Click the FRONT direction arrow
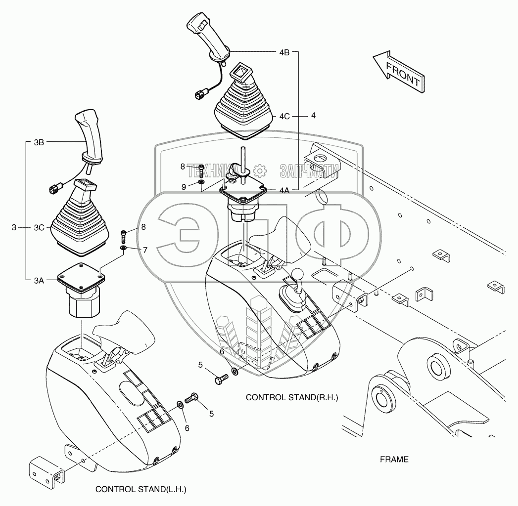point(398,71)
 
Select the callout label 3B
point(39,142)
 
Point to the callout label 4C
point(284,117)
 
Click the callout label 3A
point(39,280)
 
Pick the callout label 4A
point(284,190)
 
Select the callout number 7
point(145,250)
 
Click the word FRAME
point(394,460)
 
